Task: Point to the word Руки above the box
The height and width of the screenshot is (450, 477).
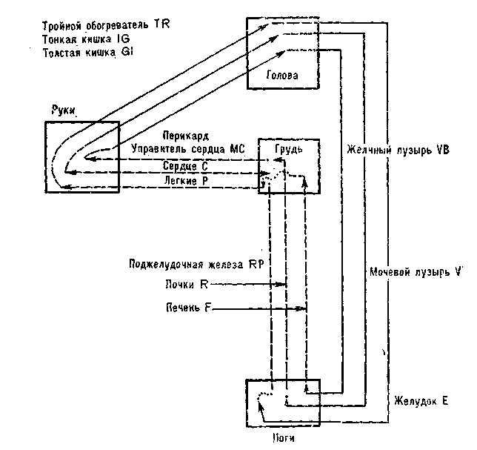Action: point(66,110)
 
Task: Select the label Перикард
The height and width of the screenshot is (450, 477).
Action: point(186,136)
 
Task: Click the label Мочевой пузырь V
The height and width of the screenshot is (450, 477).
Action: point(416,272)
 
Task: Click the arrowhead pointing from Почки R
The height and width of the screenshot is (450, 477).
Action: point(283,285)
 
